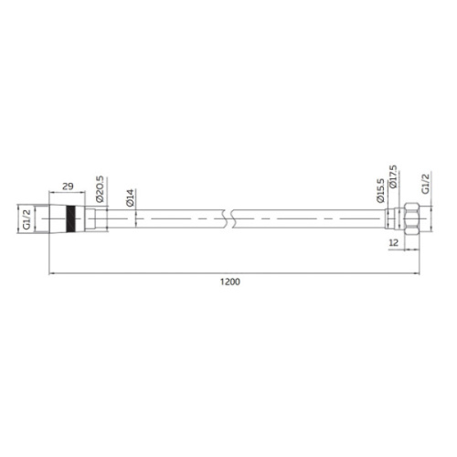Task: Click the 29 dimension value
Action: coord(68,186)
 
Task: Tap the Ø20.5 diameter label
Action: coord(100,189)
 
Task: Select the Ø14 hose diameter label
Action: coord(130,198)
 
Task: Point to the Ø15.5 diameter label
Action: coord(380,191)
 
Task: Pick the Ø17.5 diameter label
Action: coord(393,176)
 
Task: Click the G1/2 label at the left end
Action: coord(27,218)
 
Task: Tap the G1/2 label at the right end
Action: coord(425,184)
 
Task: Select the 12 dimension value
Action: coord(394,243)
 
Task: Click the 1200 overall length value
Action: coord(230,282)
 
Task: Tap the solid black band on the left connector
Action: coord(70,218)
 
